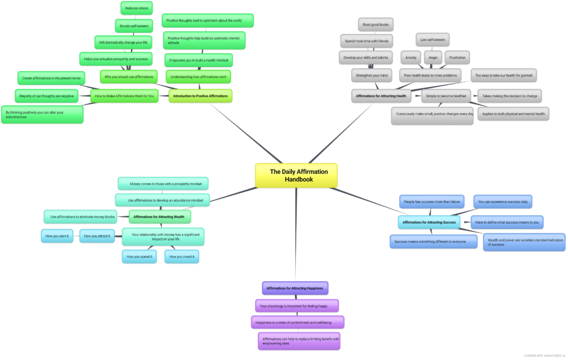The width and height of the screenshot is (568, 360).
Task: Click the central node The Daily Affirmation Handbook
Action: (x=296, y=175)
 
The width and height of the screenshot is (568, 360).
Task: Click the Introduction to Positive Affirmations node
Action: (x=200, y=96)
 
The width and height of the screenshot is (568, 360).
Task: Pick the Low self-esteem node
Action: (x=432, y=39)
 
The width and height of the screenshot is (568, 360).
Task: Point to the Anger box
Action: (x=433, y=57)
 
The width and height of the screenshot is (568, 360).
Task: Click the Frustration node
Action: (x=457, y=57)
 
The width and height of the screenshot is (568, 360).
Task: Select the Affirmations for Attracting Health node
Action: (x=381, y=96)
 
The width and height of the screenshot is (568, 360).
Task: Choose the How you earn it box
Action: (x=57, y=236)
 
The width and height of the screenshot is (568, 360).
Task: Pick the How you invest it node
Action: (x=181, y=256)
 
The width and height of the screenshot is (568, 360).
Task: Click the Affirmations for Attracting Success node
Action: (x=429, y=222)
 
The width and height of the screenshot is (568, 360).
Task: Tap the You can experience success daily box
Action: (x=503, y=201)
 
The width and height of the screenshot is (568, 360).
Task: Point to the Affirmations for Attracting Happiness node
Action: (x=295, y=288)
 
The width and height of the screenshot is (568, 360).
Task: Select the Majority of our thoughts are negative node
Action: (x=47, y=96)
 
